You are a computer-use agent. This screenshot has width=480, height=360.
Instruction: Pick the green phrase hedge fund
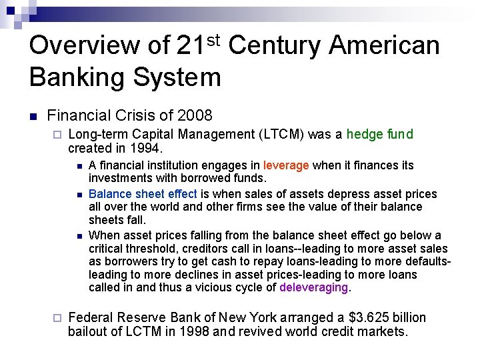pos(380,135)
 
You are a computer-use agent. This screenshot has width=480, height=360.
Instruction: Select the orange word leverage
pos(286,165)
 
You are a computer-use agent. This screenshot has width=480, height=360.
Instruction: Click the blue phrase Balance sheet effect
pos(143,194)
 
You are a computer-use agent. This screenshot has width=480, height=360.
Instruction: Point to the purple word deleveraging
pos(314,288)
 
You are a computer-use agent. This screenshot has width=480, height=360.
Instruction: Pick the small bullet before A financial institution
pos(79,166)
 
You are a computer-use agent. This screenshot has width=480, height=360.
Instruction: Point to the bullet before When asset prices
pos(79,235)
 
